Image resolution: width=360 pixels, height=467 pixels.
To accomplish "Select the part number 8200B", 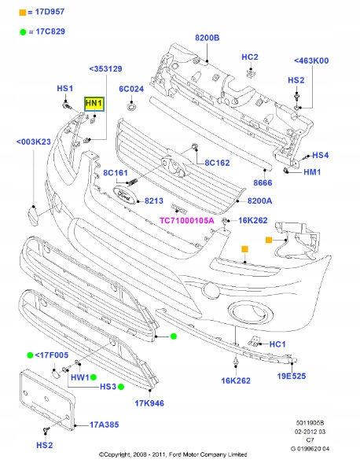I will click(x=208, y=37).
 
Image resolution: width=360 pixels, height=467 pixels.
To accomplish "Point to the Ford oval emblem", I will click(x=124, y=193).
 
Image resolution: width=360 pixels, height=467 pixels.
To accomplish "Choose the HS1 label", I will click(x=64, y=88).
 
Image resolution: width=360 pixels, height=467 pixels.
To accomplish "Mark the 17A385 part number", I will click(x=104, y=425).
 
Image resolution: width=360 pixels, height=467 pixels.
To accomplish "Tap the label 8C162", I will click(x=217, y=164).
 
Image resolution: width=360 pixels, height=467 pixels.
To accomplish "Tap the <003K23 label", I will click(x=34, y=142).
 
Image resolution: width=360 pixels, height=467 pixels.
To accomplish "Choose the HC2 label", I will click(x=250, y=57).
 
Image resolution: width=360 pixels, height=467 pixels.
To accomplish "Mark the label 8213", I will click(x=155, y=201).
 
